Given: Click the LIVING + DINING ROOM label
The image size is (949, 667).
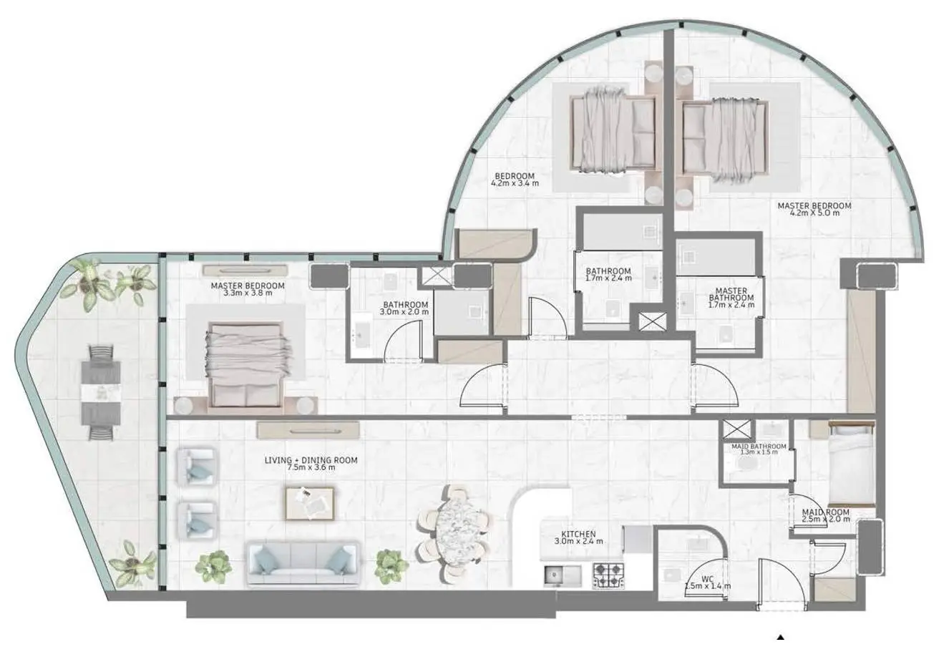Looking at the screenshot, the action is (311, 459).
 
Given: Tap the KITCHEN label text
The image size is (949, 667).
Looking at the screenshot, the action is (578, 534).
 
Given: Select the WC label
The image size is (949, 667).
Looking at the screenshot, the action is (707, 579).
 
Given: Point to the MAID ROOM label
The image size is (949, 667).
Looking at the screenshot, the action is (826, 512).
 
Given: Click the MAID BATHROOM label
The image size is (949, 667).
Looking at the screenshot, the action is (759, 447).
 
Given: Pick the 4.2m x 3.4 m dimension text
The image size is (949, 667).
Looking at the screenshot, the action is (515, 183).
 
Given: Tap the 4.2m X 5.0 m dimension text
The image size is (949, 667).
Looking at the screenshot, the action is (814, 213).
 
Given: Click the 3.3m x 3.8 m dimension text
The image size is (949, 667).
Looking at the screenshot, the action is (248, 293).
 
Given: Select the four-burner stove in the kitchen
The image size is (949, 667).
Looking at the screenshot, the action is (608, 575).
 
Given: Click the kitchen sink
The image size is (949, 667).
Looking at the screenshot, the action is (563, 576).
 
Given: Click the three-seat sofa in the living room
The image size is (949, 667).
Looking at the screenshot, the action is (303, 563).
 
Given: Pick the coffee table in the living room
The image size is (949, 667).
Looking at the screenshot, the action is (310, 503).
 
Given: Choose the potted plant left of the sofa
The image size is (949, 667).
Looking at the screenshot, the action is (213, 567).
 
